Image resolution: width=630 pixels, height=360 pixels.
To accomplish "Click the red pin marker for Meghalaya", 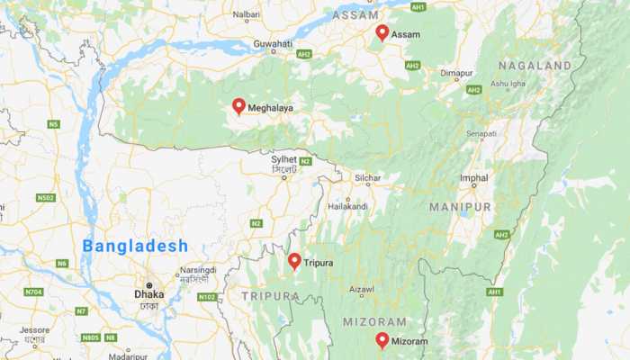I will click(x=238, y=106).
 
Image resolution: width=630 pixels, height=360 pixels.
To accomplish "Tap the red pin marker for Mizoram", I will click(x=382, y=340).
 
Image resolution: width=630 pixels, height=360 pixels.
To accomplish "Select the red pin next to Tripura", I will click(x=294, y=261).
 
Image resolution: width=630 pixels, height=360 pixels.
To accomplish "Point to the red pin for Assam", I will click(x=382, y=32).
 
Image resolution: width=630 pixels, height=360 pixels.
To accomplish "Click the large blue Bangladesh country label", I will click(x=136, y=246).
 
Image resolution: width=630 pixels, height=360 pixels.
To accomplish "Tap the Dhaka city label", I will click(x=148, y=293).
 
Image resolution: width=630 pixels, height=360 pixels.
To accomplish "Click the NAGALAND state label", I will click(x=536, y=66).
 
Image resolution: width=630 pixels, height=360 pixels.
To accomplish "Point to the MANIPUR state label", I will click(x=460, y=207).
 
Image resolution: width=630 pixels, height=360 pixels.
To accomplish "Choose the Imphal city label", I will click(x=473, y=179).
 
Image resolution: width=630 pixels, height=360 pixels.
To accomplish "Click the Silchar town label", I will click(x=368, y=178).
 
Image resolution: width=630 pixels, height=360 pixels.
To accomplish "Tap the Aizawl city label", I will click(x=362, y=290).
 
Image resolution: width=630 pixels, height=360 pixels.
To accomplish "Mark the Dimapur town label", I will click(x=456, y=73).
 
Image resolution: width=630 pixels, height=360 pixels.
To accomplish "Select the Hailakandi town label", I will click(x=347, y=206).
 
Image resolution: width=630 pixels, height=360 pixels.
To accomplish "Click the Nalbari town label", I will click(x=246, y=14).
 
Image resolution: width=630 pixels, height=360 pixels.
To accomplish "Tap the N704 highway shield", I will click(x=33, y=292).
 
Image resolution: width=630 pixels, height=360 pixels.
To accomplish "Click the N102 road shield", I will click(x=206, y=297).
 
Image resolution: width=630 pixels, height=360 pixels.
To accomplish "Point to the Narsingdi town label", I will click(x=198, y=269).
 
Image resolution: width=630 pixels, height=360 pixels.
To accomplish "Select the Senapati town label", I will click(x=481, y=134).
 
